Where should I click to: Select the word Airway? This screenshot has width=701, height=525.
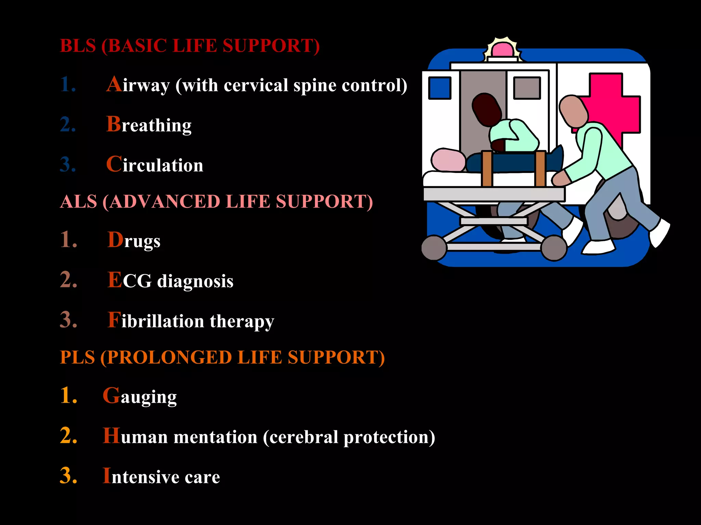[138, 85]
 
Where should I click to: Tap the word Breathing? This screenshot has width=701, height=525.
[149, 125]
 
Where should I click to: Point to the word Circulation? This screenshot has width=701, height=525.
[155, 165]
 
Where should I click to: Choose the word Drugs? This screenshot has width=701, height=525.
[134, 241]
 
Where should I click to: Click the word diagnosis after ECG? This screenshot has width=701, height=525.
[195, 282]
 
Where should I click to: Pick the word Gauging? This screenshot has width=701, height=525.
[140, 396]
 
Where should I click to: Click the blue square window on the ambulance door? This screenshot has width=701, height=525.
[439, 88]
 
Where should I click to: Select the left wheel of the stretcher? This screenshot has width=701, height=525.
[434, 248]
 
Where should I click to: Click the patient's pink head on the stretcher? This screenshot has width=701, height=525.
[448, 160]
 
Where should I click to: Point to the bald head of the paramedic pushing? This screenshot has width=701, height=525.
[574, 111]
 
